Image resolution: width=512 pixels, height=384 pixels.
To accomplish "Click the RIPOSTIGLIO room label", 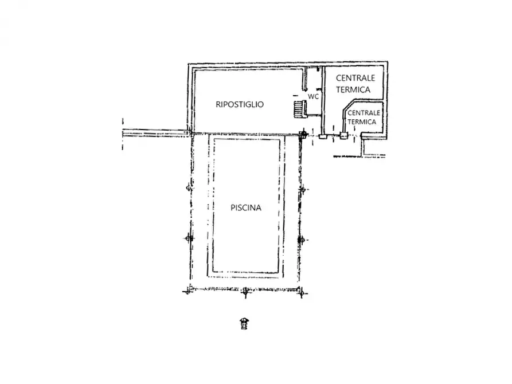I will click(x=240, y=104).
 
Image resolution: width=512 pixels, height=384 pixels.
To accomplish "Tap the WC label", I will click(x=313, y=97).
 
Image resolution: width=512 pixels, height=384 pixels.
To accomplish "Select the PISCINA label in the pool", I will click(x=246, y=208).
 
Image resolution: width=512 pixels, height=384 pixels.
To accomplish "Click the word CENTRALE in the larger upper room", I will click(x=355, y=78).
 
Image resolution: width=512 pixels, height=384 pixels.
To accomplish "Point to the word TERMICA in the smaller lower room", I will click(x=362, y=122).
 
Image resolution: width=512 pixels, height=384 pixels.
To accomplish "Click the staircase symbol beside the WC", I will click(x=298, y=108).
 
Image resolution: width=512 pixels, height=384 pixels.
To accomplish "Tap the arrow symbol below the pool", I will click(x=245, y=324).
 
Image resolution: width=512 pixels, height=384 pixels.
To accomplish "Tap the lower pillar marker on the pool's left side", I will click(x=187, y=238).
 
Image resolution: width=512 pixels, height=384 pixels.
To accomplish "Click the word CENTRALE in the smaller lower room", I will click(x=364, y=113).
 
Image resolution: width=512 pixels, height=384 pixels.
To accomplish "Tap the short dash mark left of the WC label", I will click(x=296, y=95).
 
